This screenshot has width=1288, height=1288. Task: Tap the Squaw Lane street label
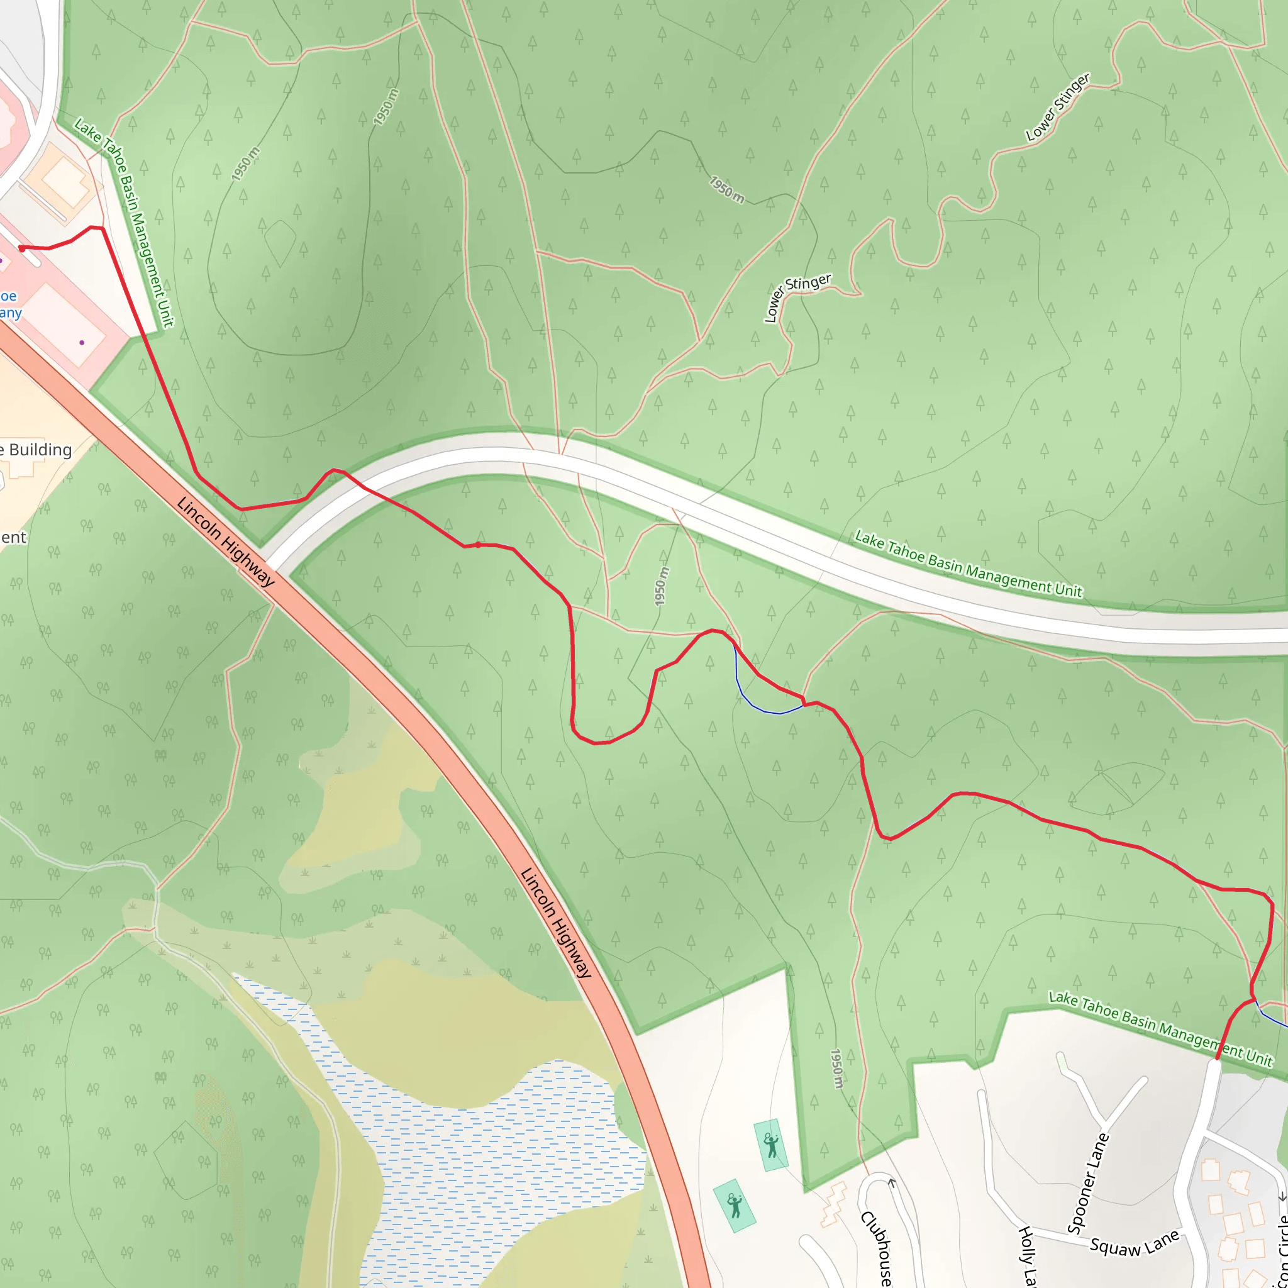[x=1135, y=1243]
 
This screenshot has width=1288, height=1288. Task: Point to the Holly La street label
[x=1028, y=1256]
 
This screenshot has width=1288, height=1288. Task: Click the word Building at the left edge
[x=40, y=450]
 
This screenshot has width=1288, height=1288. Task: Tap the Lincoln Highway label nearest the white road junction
[x=225, y=541]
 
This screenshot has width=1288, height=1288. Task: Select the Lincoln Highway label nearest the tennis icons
[x=555, y=923]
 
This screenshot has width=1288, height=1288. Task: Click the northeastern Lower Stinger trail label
[x=1057, y=107]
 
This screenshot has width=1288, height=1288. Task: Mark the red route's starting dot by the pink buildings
[x=22, y=248]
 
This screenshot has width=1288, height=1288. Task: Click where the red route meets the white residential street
[x=1218, y=1058]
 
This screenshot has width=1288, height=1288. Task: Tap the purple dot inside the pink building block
[x=82, y=343]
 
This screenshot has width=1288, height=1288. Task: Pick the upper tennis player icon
[x=771, y=1145]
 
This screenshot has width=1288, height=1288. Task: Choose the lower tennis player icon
[x=734, y=1206]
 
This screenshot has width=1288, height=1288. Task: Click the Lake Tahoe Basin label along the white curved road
[x=968, y=564]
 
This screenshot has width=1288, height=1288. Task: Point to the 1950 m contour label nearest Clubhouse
[x=836, y=1069]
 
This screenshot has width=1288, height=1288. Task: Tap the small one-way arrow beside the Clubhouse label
[x=892, y=1183]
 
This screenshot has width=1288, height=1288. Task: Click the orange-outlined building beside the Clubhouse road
[x=833, y=1204]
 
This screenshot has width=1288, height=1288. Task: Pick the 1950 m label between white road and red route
[x=661, y=587]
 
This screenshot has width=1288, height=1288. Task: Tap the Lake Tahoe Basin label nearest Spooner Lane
[x=1160, y=1029]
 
